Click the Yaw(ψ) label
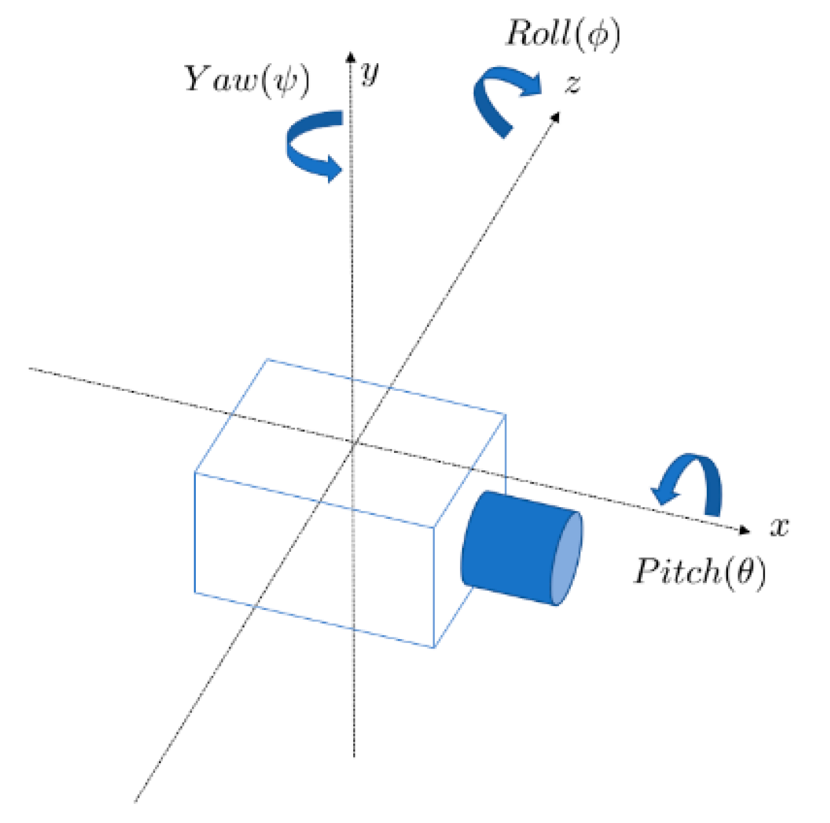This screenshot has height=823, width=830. pyautogui.click(x=247, y=80)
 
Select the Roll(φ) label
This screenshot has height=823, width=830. pyautogui.click(x=562, y=35)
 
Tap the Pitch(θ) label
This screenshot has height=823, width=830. pyautogui.click(x=700, y=572)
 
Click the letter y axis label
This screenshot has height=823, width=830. pyautogui.click(x=369, y=72)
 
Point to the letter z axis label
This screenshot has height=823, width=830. pyautogui.click(x=572, y=84)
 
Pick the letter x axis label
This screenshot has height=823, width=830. pyautogui.click(x=780, y=527)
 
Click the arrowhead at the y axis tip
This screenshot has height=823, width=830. pyautogui.click(x=350, y=56)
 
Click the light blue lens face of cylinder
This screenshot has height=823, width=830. pyautogui.click(x=566, y=559)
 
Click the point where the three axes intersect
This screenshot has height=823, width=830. pyautogui.click(x=353, y=443)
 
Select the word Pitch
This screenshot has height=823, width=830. pyautogui.click(x=677, y=571)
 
